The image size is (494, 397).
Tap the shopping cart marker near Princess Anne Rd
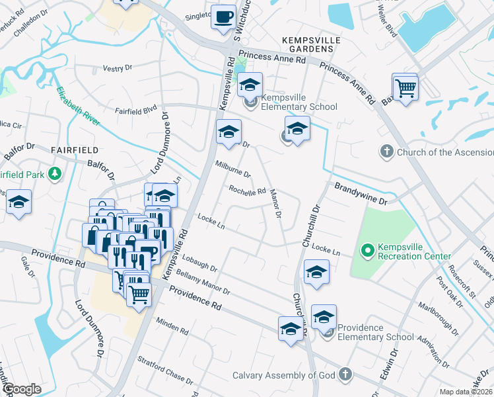[x=405, y=87]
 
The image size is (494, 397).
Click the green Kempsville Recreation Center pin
[x=367, y=250]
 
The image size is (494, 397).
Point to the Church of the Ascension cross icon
[x=386, y=152]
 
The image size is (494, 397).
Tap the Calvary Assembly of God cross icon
[x=343, y=375]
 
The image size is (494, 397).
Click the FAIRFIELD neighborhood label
[x=74, y=150]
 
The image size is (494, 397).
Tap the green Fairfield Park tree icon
[x=55, y=175]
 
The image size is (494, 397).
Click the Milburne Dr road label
[x=233, y=169]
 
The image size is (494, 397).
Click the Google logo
[x=22, y=389]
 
